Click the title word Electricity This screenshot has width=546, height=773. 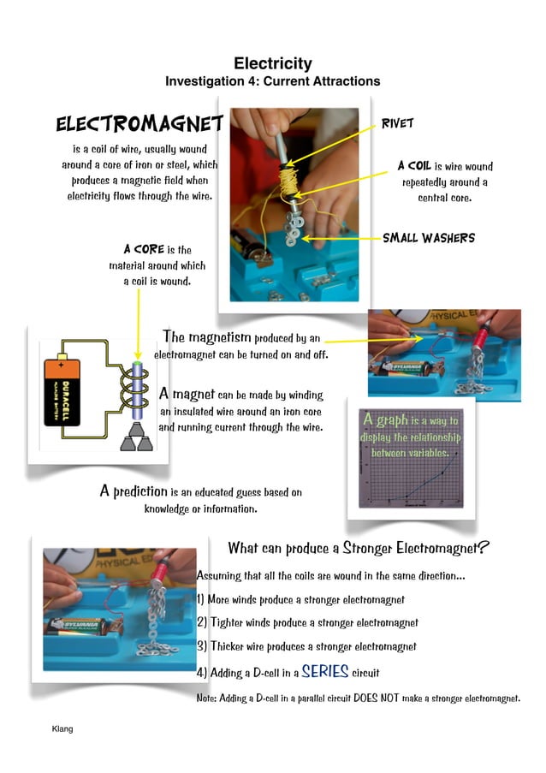[x=272, y=63]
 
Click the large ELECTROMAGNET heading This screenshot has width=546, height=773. [x=139, y=125]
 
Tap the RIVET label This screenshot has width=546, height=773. [x=398, y=123]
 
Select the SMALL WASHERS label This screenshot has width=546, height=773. [x=428, y=237]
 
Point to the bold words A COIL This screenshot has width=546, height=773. [x=414, y=166]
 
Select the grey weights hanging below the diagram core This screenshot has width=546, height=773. [x=136, y=438]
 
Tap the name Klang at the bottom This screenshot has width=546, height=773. [x=62, y=728]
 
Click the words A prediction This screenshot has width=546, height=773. [x=134, y=491]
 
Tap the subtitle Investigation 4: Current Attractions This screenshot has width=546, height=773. [x=272, y=81]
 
